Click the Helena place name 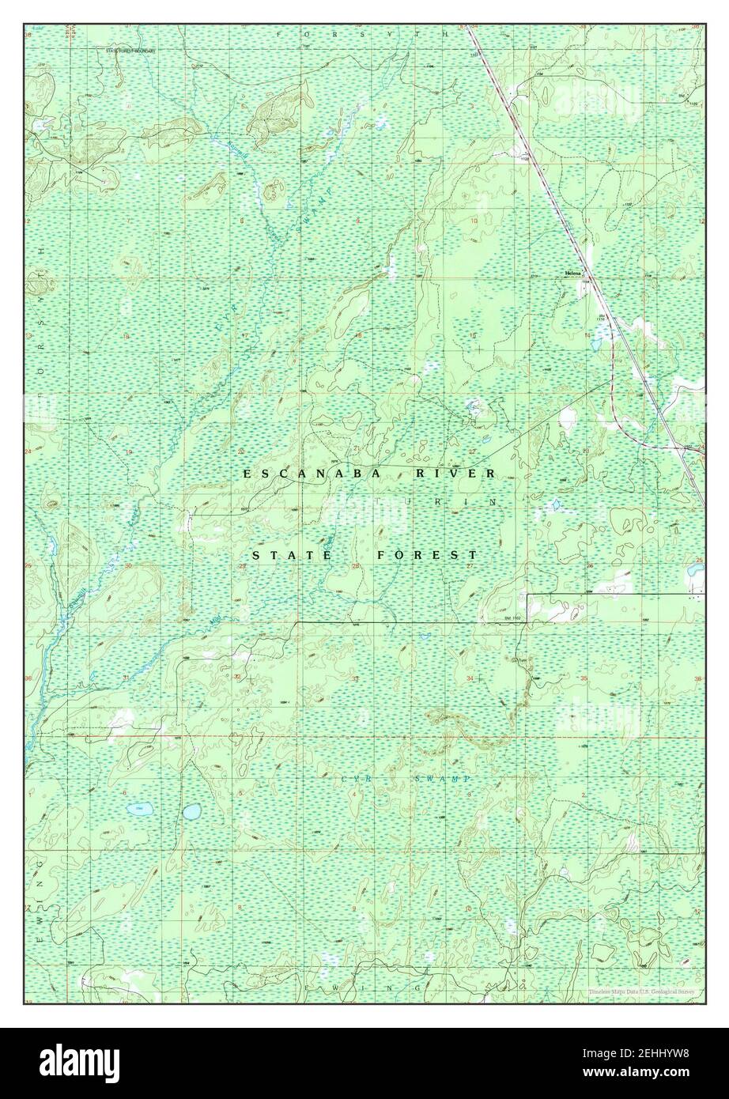[x=572, y=273]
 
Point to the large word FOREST [x=427, y=555]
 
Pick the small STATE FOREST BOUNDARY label [x=132, y=51]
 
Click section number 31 [x=127, y=678]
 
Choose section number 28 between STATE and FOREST [x=355, y=566]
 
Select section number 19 [x=127, y=451]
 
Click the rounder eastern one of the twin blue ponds [x=191, y=811]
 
